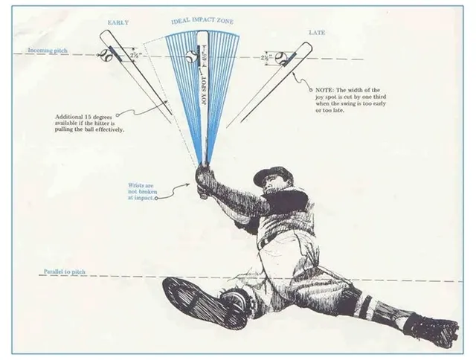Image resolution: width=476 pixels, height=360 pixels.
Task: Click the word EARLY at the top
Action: click(x=118, y=23)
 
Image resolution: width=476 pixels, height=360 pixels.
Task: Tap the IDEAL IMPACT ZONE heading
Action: click(x=203, y=21)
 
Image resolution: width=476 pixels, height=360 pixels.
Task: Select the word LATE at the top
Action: click(x=317, y=32)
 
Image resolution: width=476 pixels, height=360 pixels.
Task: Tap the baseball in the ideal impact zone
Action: click(x=191, y=56)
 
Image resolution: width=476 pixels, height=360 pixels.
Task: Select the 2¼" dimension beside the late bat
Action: click(x=266, y=57)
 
